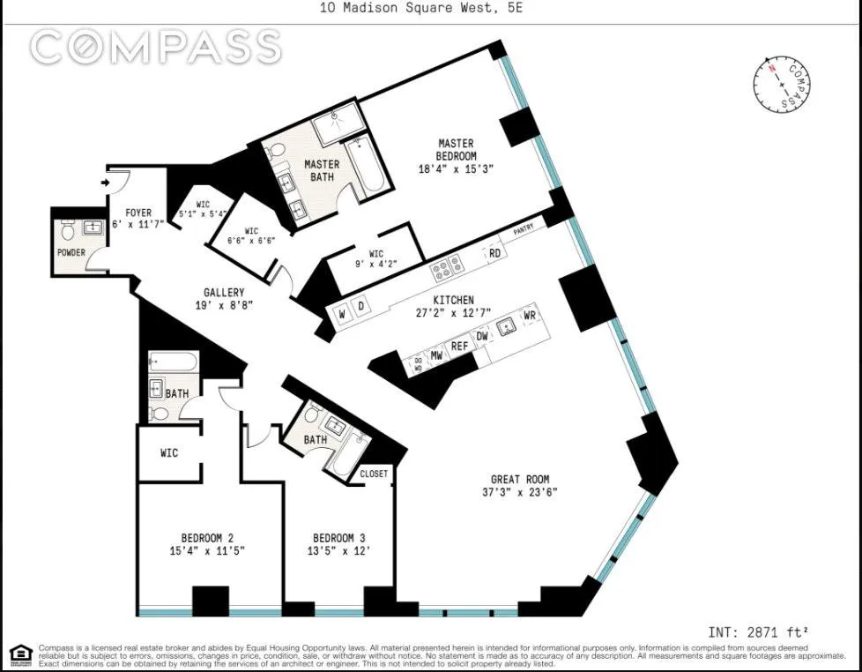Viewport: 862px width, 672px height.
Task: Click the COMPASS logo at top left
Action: [x=155, y=47]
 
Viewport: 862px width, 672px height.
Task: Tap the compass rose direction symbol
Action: [x=782, y=85]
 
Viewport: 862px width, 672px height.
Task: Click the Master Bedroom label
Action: [x=456, y=143]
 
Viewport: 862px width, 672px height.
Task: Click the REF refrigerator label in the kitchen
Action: [x=459, y=347]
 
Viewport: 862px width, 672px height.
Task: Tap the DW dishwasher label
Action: [x=482, y=336]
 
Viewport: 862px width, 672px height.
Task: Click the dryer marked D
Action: [x=360, y=306]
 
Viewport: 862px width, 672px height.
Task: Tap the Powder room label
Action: [x=71, y=253]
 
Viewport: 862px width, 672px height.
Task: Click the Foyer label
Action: [x=137, y=213]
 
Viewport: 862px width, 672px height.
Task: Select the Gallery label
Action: [x=224, y=293]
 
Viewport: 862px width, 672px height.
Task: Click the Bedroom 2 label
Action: [x=207, y=538]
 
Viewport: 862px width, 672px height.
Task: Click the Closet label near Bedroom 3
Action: [x=374, y=474]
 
